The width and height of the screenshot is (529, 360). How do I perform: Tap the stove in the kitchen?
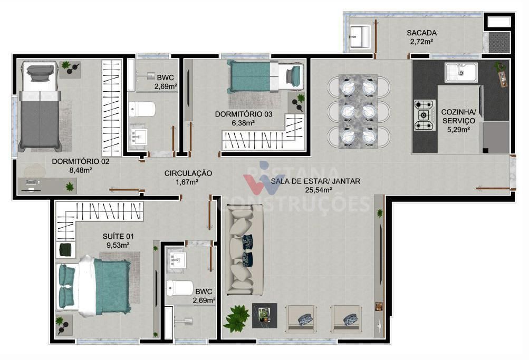point(425,115)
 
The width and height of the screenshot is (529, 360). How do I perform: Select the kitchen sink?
point(460,72)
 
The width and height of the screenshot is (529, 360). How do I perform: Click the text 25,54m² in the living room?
point(315,190)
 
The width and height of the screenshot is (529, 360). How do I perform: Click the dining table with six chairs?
point(358,111)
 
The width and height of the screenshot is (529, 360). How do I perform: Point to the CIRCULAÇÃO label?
point(188,173)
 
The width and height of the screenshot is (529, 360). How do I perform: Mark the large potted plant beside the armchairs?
point(236,318)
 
